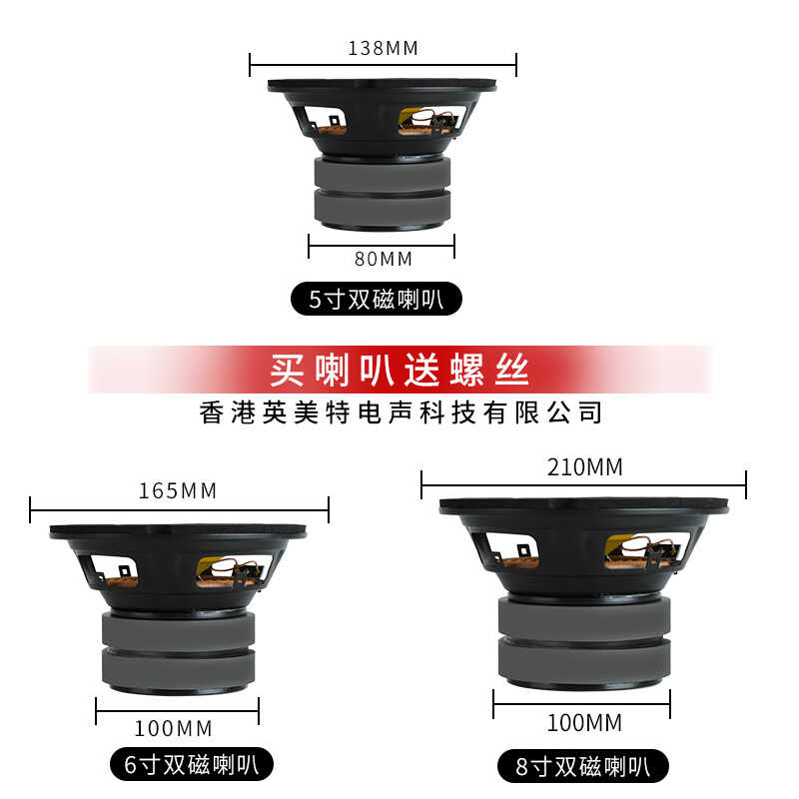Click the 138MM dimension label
(383, 48)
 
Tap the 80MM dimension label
(384, 259)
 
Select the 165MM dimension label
(178, 490)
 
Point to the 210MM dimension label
(585, 467)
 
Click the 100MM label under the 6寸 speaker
(173, 729)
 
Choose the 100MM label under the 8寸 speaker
(584, 722)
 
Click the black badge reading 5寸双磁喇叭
(377, 299)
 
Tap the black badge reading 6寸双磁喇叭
(192, 764)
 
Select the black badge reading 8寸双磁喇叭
(583, 766)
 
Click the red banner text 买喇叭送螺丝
(399, 370)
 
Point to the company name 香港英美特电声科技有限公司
(400, 412)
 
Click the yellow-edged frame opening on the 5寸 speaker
(431, 121)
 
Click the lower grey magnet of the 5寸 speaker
(383, 209)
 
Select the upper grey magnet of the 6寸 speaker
(179, 629)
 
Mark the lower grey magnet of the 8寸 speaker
(584, 661)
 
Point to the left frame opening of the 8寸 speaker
(511, 550)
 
